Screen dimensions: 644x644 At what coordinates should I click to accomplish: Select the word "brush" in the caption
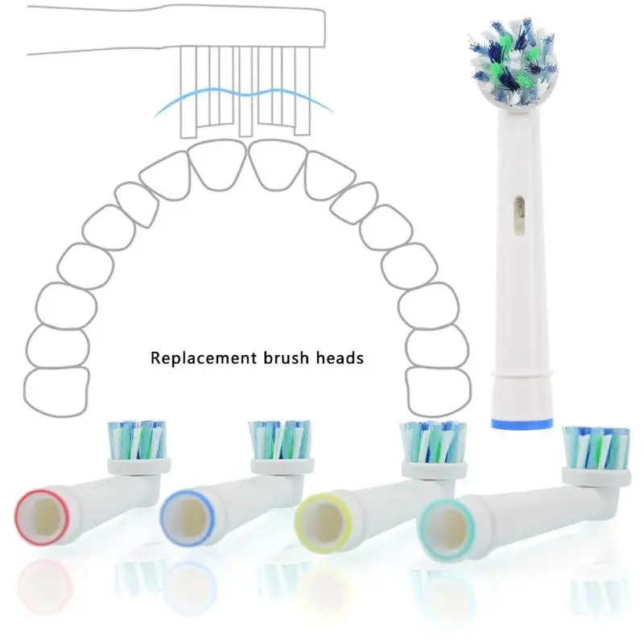(x=283, y=357)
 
